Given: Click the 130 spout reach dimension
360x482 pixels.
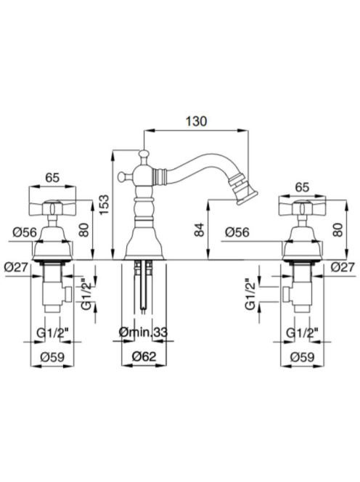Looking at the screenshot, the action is pos(196,121).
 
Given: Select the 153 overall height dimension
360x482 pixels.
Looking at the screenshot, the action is pos(105,205).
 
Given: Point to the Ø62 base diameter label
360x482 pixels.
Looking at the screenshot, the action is pos(144,356).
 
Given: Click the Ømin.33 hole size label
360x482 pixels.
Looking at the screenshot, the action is pos(143,332).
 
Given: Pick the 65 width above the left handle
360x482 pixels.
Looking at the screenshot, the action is pos(52,178).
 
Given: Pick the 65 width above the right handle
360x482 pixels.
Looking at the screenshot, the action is pos(302,187).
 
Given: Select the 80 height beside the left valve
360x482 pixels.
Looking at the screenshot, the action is pos(83,229).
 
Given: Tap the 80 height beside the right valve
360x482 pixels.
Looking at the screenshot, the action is pos(338,229).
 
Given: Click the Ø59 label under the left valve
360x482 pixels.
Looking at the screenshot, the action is pos(52,357).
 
